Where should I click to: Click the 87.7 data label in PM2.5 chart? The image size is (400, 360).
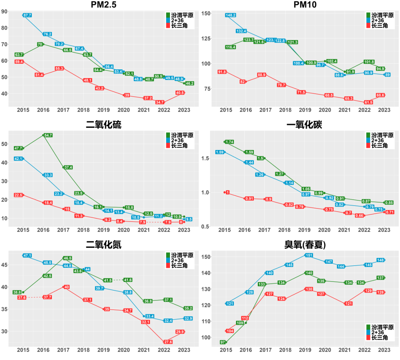(x=27, y=15)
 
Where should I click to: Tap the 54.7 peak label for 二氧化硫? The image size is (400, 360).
(x=48, y=135)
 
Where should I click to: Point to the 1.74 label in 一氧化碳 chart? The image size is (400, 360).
(x=229, y=142)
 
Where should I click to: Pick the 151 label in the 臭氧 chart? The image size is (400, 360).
(x=309, y=255)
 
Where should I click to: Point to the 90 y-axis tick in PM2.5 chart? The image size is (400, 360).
(x=4, y=11)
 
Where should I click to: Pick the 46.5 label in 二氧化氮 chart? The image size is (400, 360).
(x=67, y=258)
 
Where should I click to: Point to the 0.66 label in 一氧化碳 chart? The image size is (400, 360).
(x=360, y=216)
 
